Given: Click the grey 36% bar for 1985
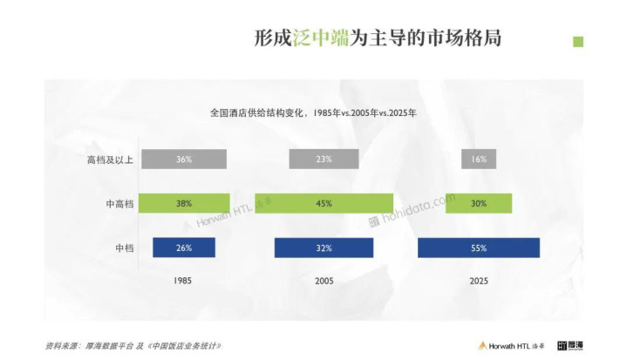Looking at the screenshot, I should pyautogui.click(x=183, y=160).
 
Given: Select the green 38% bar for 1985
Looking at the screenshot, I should pyautogui.click(x=183, y=203).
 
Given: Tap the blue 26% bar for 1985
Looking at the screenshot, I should pyautogui.click(x=183, y=248).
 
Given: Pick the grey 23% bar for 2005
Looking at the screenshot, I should pyautogui.click(x=324, y=160).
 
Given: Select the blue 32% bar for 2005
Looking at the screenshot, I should pyautogui.click(x=324, y=248).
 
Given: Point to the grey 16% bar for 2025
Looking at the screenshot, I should pyautogui.click(x=479, y=160).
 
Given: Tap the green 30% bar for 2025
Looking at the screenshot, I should pyautogui.click(x=479, y=203).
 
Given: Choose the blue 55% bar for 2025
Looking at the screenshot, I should pyautogui.click(x=479, y=248).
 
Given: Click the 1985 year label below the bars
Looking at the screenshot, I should pyautogui.click(x=183, y=282).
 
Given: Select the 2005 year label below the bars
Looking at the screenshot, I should pyautogui.click(x=324, y=282).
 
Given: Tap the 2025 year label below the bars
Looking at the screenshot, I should pyautogui.click(x=479, y=282).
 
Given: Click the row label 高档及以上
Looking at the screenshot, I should pyautogui.click(x=110, y=160).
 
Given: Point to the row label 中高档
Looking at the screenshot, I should pyautogui.click(x=119, y=203).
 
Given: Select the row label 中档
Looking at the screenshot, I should pyautogui.click(x=123, y=248).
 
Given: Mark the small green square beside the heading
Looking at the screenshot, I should pyautogui.click(x=577, y=41).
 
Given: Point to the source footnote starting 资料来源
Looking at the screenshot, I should pyautogui.click(x=131, y=345).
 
